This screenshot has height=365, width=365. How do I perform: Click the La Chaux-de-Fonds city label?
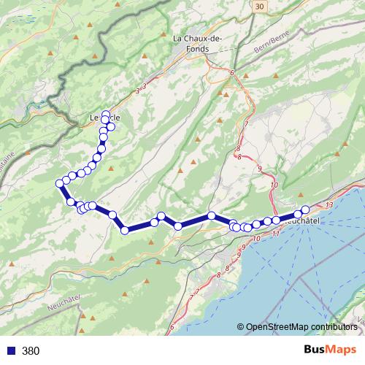(191, 44)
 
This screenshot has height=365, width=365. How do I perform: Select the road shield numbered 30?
(261, 6)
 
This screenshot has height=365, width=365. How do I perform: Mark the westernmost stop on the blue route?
(60, 183)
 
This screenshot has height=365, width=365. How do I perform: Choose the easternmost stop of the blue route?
(305, 210)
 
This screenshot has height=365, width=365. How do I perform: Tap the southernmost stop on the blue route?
(125, 231)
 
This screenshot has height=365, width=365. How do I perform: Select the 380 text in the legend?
(31, 350)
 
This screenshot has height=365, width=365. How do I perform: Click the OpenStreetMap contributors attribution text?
(301, 326)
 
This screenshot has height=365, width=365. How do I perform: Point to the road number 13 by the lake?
(331, 205)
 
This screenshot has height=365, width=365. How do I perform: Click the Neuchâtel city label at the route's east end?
(301, 220)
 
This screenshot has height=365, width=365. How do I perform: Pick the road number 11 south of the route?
(274, 235)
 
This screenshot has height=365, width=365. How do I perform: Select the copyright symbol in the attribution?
(240, 326)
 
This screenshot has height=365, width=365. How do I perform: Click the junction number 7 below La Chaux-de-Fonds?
(246, 124)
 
